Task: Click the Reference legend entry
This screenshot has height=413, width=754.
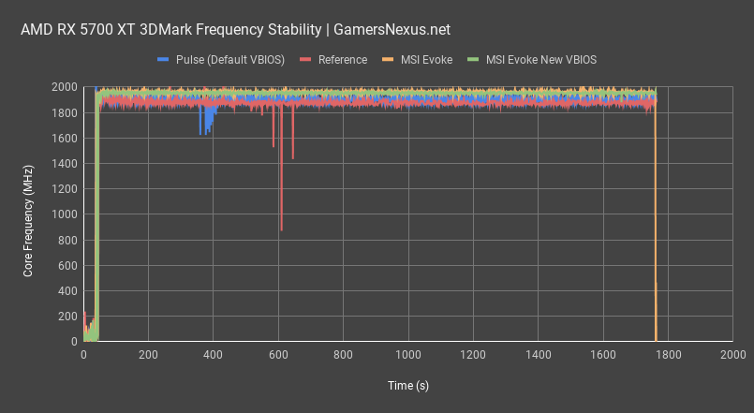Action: [342, 59]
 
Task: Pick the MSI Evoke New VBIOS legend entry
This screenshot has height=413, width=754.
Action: [541, 59]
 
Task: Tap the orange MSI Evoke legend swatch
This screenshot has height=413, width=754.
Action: [388, 59]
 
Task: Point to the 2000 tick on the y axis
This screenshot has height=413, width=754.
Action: [64, 87]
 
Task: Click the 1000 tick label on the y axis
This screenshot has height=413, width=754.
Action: [64, 214]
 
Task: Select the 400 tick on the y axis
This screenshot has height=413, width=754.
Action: [67, 291]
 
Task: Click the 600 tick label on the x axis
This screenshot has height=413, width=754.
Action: [278, 355]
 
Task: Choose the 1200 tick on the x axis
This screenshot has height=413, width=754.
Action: [473, 355]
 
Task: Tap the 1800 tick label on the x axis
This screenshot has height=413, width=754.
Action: [668, 355]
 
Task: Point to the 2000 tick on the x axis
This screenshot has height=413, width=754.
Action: [732, 355]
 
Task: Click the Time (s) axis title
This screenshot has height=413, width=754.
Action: [407, 385]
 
